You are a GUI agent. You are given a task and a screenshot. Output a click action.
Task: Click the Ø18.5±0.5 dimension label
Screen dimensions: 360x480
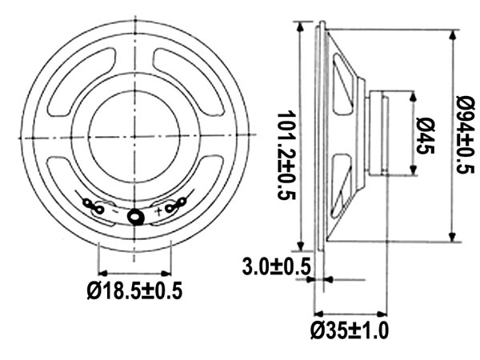[x=134, y=291]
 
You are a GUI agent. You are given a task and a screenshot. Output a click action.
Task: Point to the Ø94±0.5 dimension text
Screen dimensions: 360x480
[x=465, y=134]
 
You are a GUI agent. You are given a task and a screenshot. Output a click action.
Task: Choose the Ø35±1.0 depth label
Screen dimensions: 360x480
[x=350, y=330]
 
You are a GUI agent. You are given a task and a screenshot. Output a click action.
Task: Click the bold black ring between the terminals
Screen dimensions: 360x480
[x=135, y=216]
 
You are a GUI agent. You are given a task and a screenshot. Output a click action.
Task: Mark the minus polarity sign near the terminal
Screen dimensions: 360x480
[x=114, y=212]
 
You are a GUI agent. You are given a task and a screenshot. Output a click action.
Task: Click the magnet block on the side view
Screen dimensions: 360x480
[x=377, y=133]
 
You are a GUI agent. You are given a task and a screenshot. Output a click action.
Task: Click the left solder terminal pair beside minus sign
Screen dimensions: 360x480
[x=93, y=207]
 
